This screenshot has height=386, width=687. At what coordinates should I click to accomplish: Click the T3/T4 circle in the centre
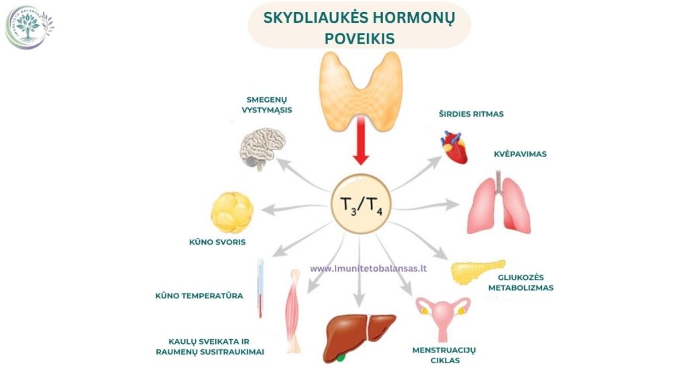[360, 204]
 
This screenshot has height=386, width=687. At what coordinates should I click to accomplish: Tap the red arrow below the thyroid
[360, 140]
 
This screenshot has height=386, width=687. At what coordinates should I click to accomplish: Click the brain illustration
[262, 148]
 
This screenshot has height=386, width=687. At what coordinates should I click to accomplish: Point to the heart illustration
[454, 147]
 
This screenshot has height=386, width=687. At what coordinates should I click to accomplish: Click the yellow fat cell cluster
[232, 212]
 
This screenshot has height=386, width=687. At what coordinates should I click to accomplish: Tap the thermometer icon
[260, 288]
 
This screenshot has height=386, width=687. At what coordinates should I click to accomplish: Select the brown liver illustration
[359, 338]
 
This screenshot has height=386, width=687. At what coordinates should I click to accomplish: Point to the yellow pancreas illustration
[478, 271]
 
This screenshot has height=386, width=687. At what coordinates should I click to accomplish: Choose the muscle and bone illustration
[294, 311]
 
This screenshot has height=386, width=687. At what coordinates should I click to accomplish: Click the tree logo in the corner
[29, 27]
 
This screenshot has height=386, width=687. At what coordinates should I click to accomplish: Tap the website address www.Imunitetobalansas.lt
[368, 268]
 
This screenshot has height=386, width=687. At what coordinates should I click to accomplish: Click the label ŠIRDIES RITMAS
[471, 114]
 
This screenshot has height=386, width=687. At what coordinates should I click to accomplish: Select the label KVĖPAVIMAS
[520, 154]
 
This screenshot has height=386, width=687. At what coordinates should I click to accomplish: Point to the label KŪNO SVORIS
[217, 242]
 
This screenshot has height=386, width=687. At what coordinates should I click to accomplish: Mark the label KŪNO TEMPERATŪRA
[199, 296]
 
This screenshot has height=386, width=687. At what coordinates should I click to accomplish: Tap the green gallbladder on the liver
[340, 358]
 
